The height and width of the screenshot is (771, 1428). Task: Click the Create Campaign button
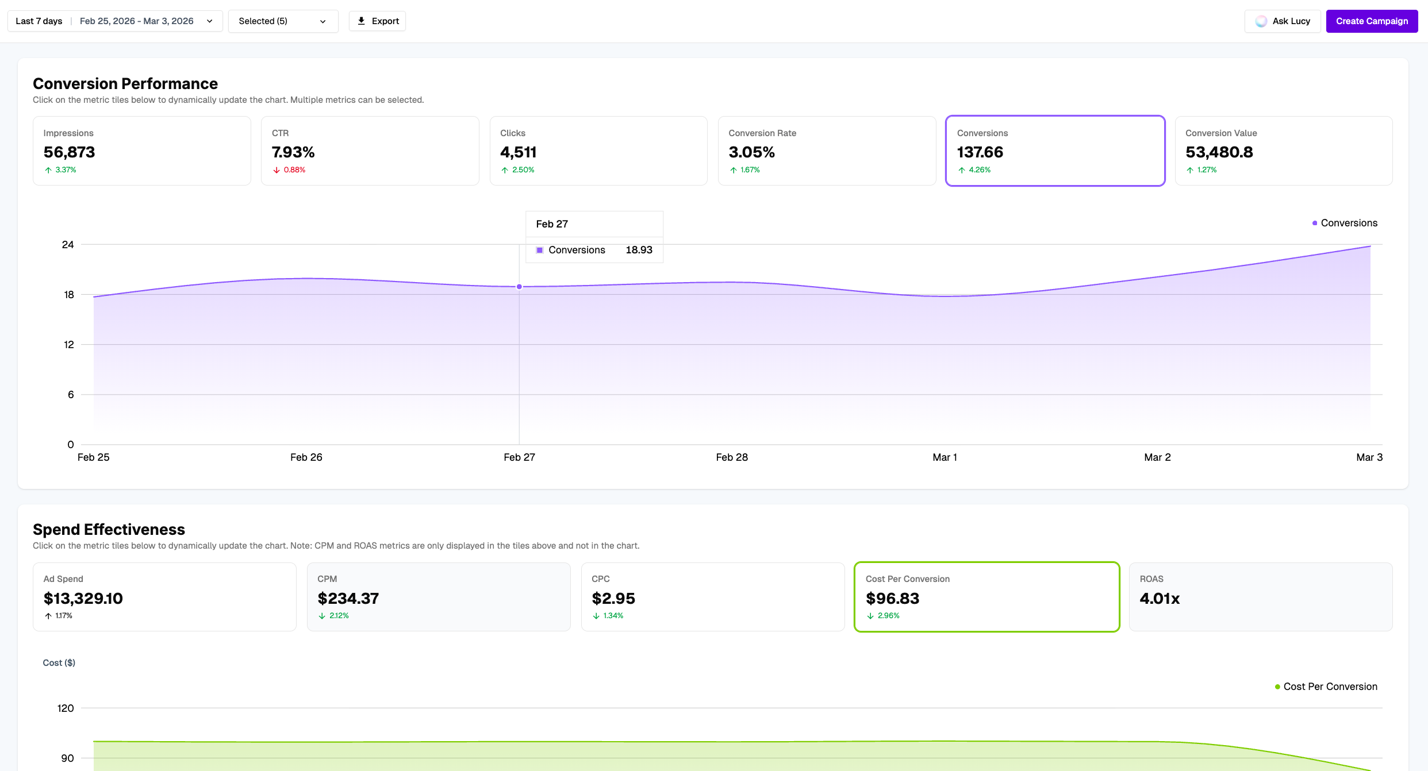1371,21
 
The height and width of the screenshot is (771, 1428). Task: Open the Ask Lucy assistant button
1283,21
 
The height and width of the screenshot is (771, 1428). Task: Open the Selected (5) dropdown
283,21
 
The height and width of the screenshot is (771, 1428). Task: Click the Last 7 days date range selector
114,21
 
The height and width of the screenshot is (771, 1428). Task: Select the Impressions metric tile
141,151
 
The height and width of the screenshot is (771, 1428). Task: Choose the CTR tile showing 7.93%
370,151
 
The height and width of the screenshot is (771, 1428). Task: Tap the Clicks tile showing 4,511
598,151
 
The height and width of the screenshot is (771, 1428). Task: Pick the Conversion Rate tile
826,151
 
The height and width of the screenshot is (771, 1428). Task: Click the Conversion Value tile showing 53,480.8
1283,151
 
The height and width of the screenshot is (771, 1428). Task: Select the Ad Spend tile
164,596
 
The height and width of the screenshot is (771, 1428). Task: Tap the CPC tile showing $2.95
712,596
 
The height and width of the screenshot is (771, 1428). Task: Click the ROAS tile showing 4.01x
1260,596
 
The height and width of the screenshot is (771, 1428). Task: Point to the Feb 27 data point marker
519,287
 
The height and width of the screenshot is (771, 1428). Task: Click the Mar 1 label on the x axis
945,457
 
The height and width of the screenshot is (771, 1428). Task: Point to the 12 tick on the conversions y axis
69,345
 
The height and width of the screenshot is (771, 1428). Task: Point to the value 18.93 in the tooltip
639,250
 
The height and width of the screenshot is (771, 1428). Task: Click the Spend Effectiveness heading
109,529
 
